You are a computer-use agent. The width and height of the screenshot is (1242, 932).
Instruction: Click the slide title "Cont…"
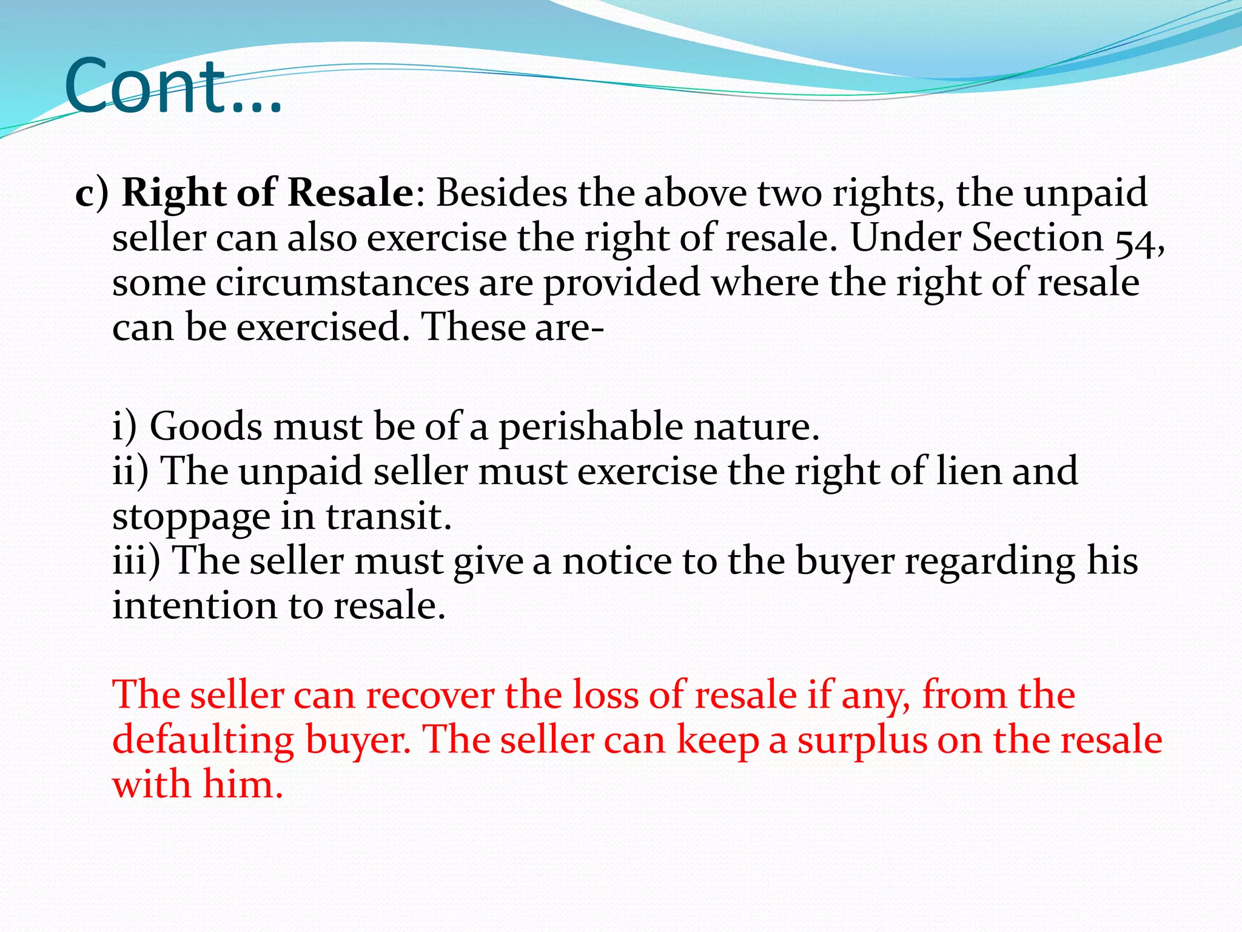pyautogui.click(x=173, y=86)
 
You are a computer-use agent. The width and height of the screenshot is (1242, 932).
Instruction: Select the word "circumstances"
pyautogui.click(x=342, y=283)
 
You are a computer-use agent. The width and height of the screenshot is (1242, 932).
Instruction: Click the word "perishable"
pyautogui.click(x=591, y=427)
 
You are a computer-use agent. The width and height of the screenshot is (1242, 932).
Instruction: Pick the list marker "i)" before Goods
pyautogui.click(x=125, y=427)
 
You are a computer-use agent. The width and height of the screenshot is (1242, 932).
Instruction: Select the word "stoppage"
pyautogui.click(x=191, y=518)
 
